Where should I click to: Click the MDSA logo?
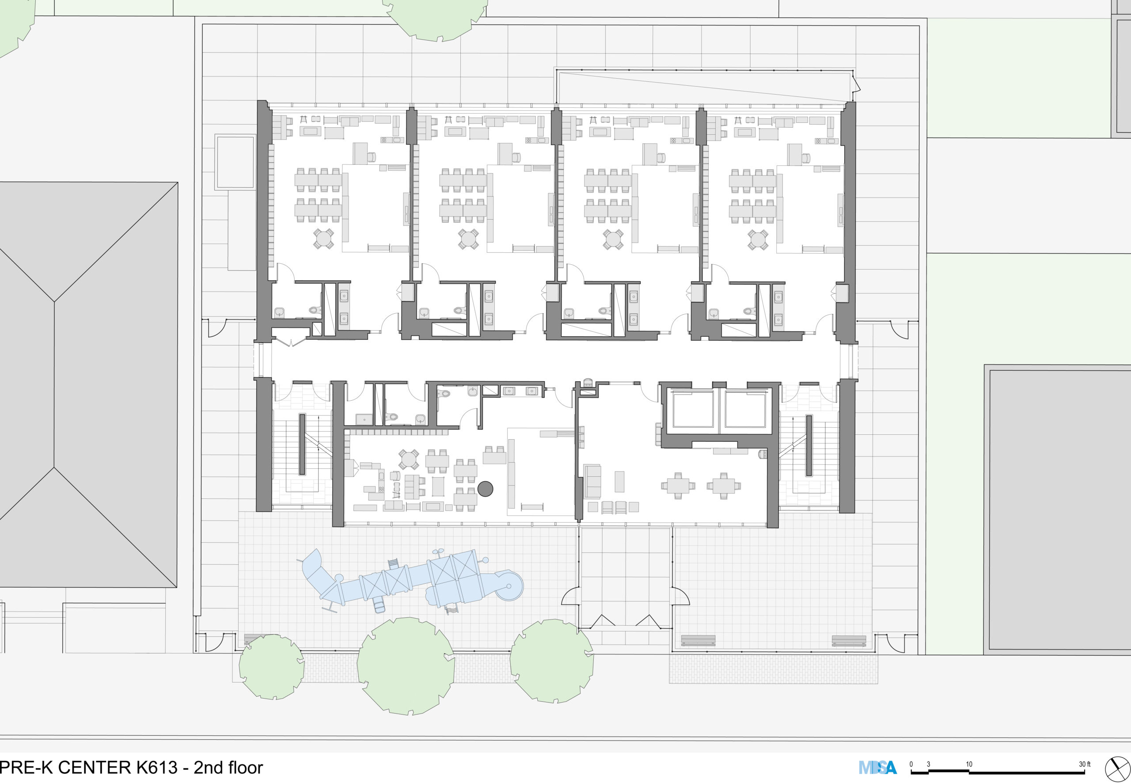pos(877,767)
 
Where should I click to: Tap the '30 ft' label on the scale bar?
pos(1085,764)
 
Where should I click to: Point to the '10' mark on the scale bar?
pos(969,764)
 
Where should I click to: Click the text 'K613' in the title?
pos(155,767)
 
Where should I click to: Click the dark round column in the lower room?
pos(485,489)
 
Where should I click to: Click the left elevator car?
pos(693,409)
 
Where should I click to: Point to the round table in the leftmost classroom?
pos(324,239)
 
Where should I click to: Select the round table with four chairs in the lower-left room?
pos(409,460)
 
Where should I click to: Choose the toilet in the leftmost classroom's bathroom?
pos(315,310)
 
